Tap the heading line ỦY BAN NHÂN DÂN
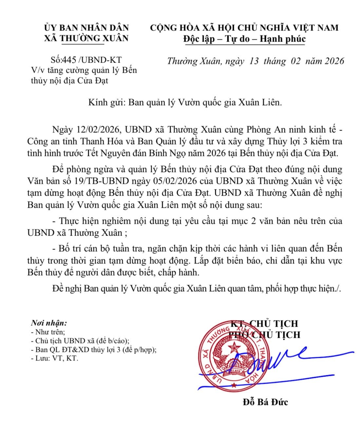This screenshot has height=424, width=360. pos(86,28)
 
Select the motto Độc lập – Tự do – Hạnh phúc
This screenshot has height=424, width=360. pos(244,39)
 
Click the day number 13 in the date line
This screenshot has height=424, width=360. pos(254,61)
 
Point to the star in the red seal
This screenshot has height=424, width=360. pos(234,347)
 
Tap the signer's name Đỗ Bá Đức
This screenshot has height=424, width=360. pos(265,402)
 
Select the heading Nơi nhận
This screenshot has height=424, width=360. pos(49,323)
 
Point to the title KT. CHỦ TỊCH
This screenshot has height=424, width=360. pos(264,323)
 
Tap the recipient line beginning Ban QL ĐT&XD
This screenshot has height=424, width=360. pos(93,349)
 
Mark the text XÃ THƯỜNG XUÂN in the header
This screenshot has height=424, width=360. pos(86,38)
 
